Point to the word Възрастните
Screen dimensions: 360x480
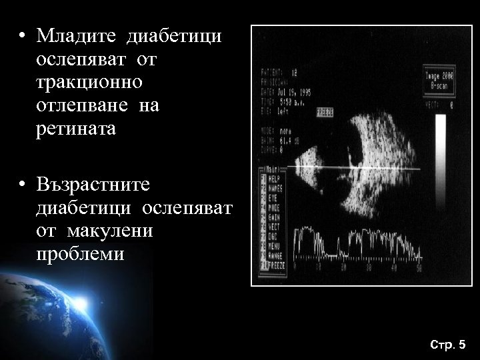point(94,184)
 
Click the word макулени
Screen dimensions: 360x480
point(113,231)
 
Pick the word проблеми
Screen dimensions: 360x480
point(80,254)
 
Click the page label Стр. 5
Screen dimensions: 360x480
point(448,345)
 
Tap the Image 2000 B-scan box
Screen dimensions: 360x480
point(439,81)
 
